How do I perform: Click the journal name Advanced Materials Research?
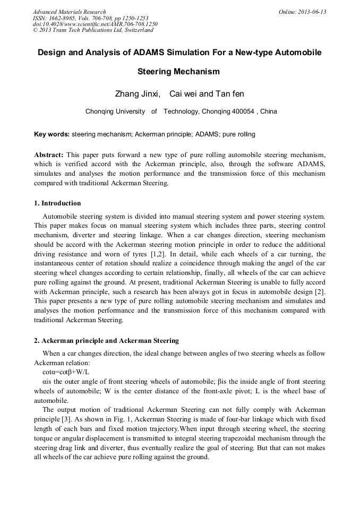pyautogui.click(x=69, y=12)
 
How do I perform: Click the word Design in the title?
pyautogui.click(x=52, y=53)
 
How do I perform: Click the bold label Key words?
pyautogui.click(x=52, y=134)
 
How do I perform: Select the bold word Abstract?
pyautogui.click(x=48, y=155)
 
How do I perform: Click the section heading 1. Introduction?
pyautogui.click(x=57, y=203)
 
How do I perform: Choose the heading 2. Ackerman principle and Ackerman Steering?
pyautogui.click(x=106, y=341)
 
